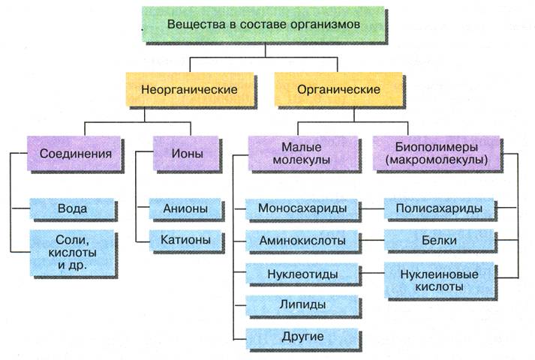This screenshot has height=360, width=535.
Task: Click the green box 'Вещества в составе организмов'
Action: tap(265, 25)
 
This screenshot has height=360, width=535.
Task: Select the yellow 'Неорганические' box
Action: tap(189, 90)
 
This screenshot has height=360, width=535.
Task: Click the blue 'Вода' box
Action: tap(71, 208)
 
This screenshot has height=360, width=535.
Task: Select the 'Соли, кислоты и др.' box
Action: tap(71, 251)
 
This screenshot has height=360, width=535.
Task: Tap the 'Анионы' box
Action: tap(185, 208)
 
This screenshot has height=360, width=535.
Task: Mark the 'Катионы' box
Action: tap(185, 241)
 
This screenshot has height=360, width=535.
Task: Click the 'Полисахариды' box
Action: tap(440, 208)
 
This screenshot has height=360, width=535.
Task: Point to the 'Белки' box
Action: tap(440, 241)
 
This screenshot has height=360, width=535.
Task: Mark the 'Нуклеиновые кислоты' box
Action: tap(440, 279)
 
